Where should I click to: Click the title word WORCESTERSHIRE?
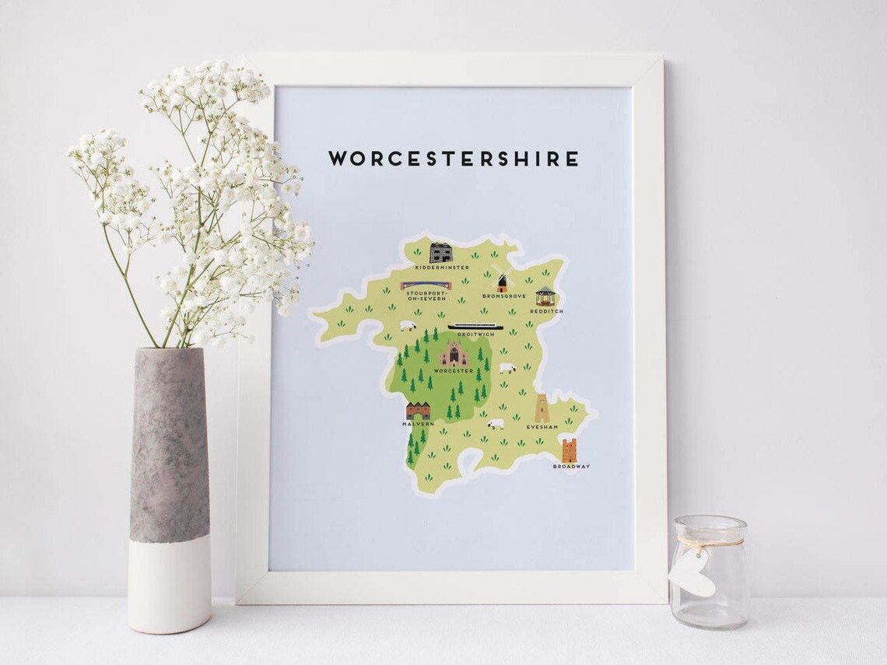pyautogui.click(x=454, y=159)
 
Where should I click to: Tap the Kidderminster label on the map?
pyautogui.click(x=442, y=268)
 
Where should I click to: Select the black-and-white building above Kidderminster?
pyautogui.click(x=440, y=252)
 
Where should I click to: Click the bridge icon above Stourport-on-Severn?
pyautogui.click(x=426, y=285)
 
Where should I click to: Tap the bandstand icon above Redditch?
pyautogui.click(x=545, y=296)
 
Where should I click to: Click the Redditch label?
pyautogui.click(x=546, y=311)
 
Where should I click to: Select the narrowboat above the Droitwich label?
pyautogui.click(x=475, y=327)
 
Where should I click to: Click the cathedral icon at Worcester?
pyautogui.click(x=453, y=354)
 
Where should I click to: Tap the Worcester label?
pyautogui.click(x=453, y=371)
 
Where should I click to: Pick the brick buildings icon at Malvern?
pyautogui.click(x=418, y=411)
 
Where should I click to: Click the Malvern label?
pyautogui.click(x=418, y=424)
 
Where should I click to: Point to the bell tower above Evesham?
pyautogui.click(x=541, y=408)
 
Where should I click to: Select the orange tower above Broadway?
pyautogui.click(x=569, y=450)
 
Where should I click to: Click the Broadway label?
pyautogui.click(x=571, y=467)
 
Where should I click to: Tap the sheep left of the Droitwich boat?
pyautogui.click(x=408, y=326)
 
